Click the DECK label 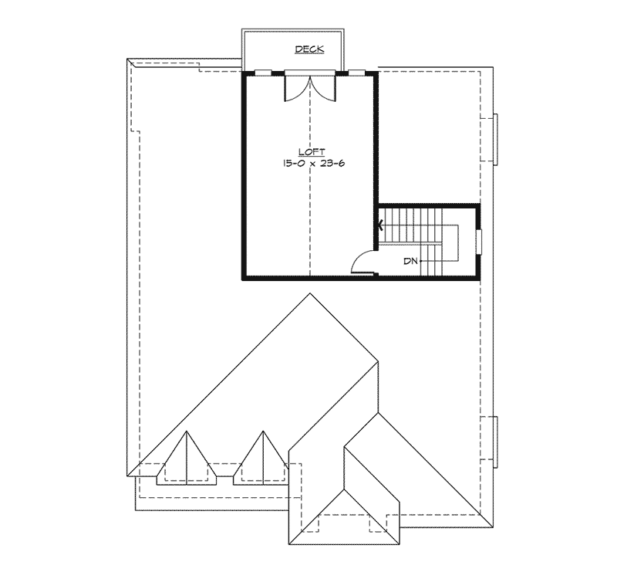[x=309, y=49]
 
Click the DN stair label [x=410, y=261]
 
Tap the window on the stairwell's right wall [x=479, y=241]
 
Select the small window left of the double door [x=263, y=73]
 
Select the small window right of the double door [x=356, y=73]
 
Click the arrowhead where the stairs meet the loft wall [x=380, y=226]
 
